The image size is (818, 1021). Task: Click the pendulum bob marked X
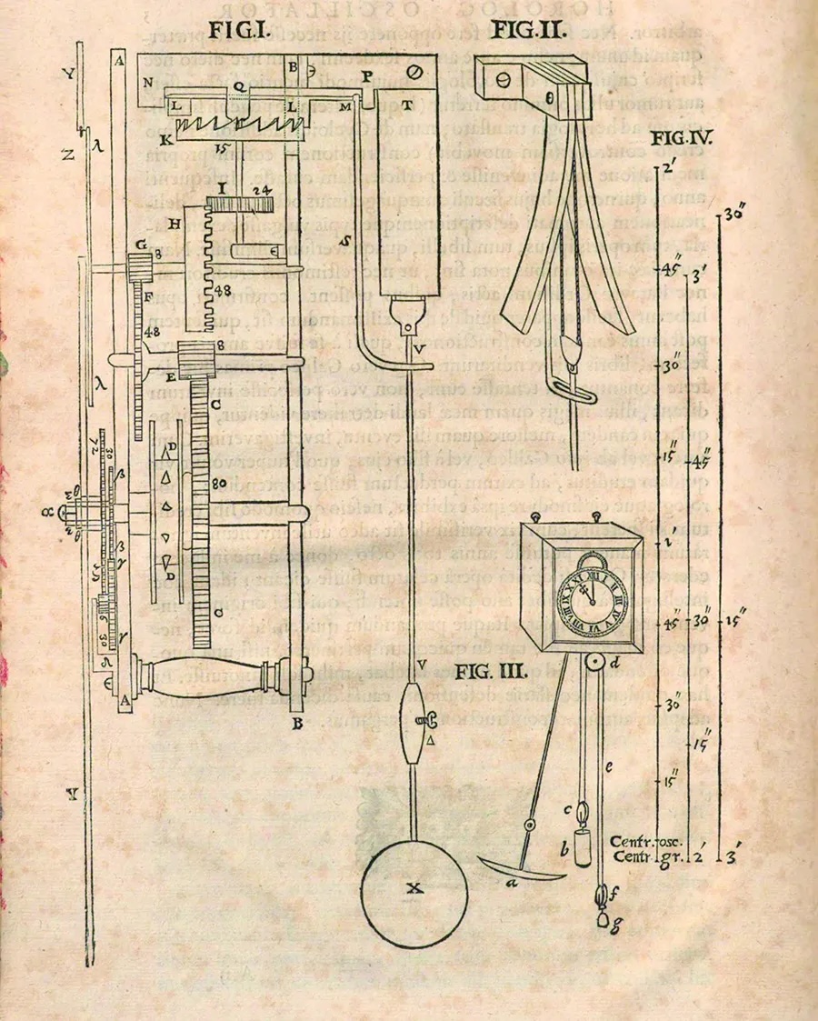pyautogui.click(x=415, y=890)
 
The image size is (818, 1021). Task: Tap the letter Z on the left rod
pyautogui.click(x=68, y=154)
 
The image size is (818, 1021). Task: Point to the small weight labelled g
pyautogui.click(x=603, y=920)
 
